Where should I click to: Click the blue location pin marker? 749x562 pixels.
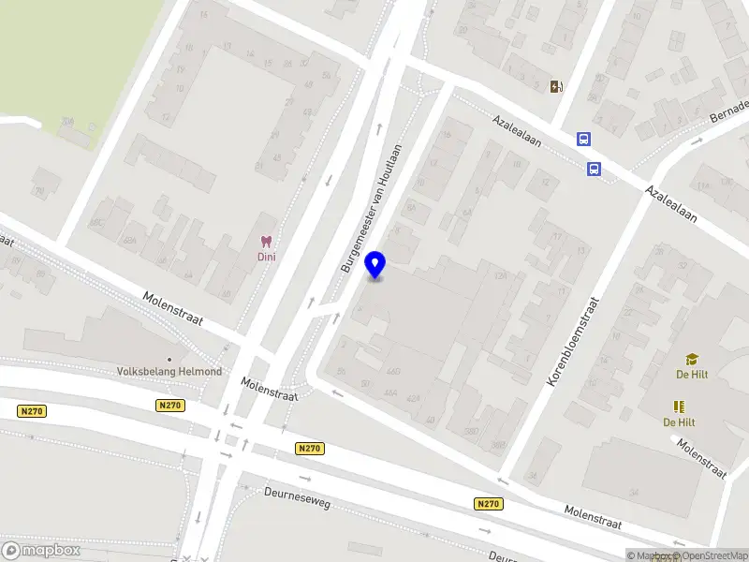click(x=375, y=265)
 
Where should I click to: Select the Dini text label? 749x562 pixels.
click(x=267, y=257)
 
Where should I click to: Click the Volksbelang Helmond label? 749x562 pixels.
click(x=169, y=371)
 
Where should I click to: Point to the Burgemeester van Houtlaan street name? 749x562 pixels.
click(x=372, y=208)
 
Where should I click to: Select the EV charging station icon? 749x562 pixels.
click(x=557, y=87)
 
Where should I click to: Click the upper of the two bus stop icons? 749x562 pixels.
click(x=584, y=140)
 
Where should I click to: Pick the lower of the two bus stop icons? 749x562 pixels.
click(x=594, y=169)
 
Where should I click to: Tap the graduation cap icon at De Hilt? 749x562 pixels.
click(x=692, y=359)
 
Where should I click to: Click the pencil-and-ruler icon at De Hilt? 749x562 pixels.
click(x=679, y=407)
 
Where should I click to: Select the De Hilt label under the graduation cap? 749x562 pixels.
click(x=692, y=375)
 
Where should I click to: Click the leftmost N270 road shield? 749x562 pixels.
click(x=32, y=410)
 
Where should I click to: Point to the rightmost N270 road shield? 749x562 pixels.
click(x=488, y=504)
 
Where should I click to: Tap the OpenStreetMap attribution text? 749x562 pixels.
click(x=707, y=555)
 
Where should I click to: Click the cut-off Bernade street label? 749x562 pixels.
click(x=730, y=111)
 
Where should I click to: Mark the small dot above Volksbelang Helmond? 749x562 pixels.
click(x=169, y=359)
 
